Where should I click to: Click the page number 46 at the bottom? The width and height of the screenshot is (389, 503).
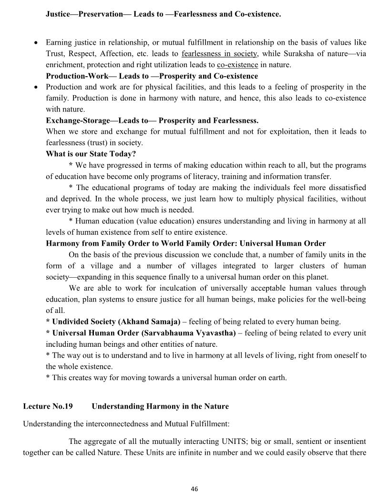coord(194,489)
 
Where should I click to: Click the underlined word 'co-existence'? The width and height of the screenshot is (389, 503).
coord(237,65)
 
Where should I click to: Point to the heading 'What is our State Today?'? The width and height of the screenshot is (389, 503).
coord(91,154)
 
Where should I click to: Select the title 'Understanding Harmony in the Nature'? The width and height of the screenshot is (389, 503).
coord(160,406)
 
